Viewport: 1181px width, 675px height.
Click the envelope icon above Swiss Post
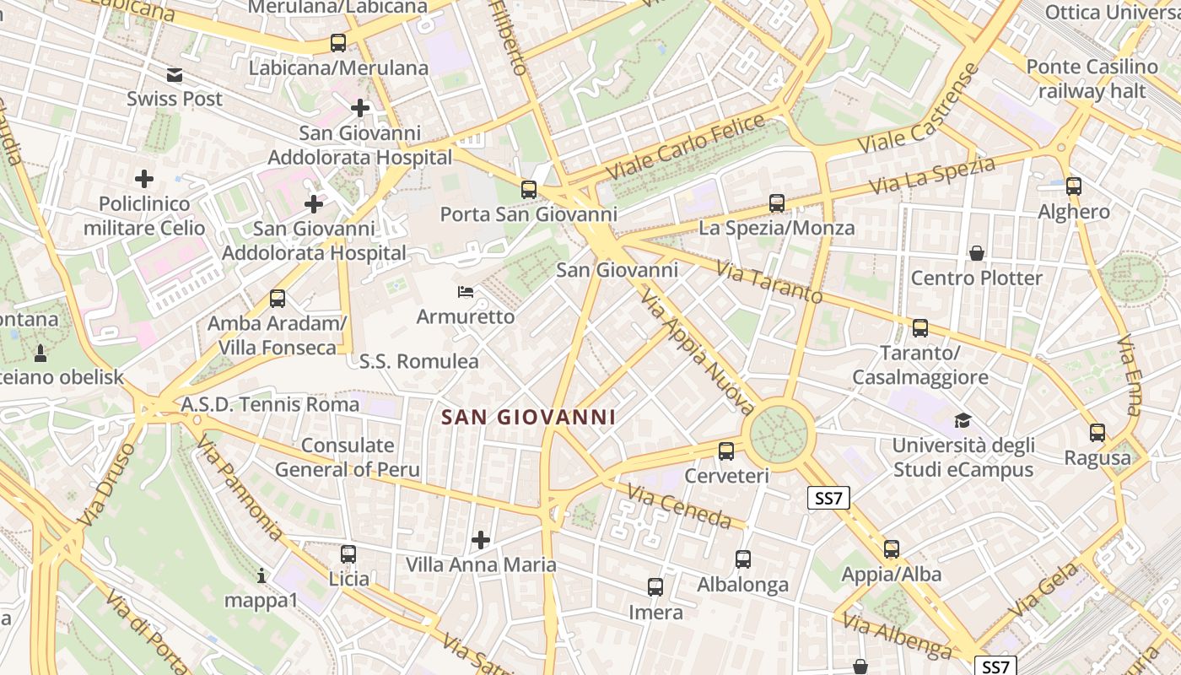pos(175,75)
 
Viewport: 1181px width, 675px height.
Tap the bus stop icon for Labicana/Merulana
pos(338,42)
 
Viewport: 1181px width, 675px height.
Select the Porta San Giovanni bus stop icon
pos(529,189)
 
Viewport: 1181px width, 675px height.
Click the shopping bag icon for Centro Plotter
pos(977,253)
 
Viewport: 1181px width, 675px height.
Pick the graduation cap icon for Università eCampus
pos(963,420)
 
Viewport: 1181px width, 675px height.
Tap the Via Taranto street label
pos(768,283)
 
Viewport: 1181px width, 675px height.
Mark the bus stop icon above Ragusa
pos(1097,433)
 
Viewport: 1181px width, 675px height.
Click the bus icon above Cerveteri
pos(726,451)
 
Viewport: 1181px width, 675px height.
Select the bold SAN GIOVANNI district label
pos(528,417)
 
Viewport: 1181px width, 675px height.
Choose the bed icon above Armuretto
pos(465,292)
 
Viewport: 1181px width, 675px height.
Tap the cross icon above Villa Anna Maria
pos(481,539)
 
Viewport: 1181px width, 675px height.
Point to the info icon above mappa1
pos(262,575)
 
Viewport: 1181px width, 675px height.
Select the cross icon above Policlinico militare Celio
pos(144,179)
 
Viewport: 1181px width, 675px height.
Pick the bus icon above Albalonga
pos(743,559)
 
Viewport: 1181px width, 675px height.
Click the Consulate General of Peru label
pos(348,457)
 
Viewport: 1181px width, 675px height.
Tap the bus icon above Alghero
pos(1074,186)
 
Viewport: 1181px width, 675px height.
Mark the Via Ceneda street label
pos(679,505)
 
